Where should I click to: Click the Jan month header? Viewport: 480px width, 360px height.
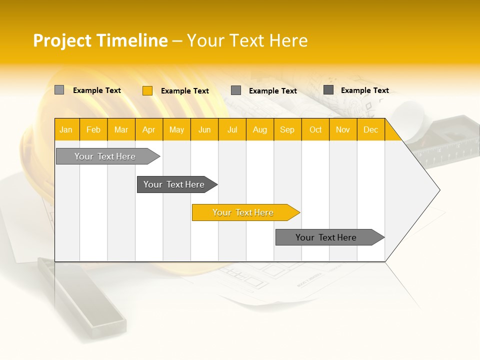coord(66,129)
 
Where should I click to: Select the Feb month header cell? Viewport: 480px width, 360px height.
coord(93,129)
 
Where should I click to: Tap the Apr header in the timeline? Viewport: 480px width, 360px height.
coord(148,129)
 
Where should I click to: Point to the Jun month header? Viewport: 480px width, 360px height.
coord(204,129)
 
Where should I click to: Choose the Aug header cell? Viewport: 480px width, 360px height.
coord(259,129)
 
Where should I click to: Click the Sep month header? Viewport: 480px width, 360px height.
coord(287,129)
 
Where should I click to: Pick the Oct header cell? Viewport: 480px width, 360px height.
coord(315,129)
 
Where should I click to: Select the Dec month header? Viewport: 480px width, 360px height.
coord(370,129)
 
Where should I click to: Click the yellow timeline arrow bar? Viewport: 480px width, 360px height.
coord(245,212)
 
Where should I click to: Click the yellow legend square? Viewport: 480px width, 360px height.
coord(147,90)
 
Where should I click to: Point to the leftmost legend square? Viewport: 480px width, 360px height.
coord(59,90)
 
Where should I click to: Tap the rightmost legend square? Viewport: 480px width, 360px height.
coord(328,90)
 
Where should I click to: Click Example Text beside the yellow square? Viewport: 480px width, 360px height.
coord(184,91)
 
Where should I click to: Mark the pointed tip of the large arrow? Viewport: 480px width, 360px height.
coord(439,190)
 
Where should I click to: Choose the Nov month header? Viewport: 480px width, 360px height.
coord(343,129)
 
